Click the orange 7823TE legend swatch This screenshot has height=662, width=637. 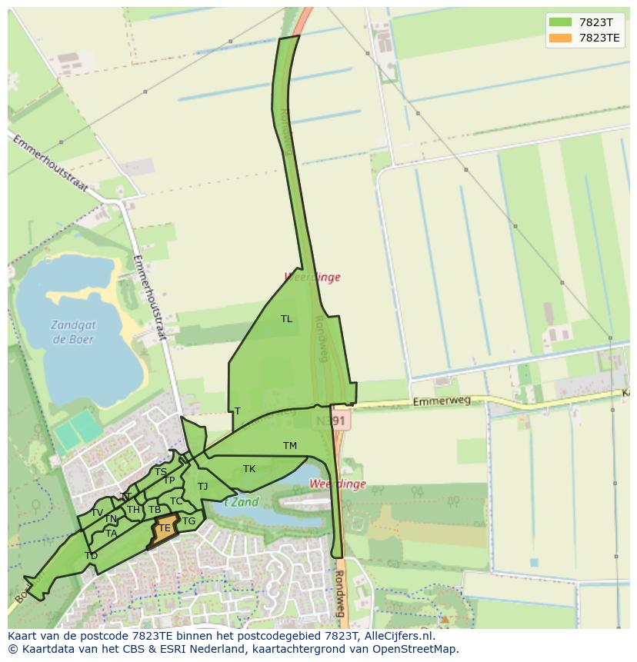560,38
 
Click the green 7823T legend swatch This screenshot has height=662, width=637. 560,22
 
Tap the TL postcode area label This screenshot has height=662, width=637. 286,318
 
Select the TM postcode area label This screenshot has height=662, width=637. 289,446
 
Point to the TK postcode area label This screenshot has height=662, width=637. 249,469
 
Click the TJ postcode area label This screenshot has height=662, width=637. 202,487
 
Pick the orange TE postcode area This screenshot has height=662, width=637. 164,529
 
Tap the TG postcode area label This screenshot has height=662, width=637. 188,521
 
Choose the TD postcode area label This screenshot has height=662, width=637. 91,556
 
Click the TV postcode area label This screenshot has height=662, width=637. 97,513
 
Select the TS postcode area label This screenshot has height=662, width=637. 160,472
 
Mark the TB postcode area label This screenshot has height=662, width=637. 155,510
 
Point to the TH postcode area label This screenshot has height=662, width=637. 133,510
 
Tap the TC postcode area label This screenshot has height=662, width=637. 176,501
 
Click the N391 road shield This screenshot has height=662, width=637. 332,421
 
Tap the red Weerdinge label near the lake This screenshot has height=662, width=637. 338,484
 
